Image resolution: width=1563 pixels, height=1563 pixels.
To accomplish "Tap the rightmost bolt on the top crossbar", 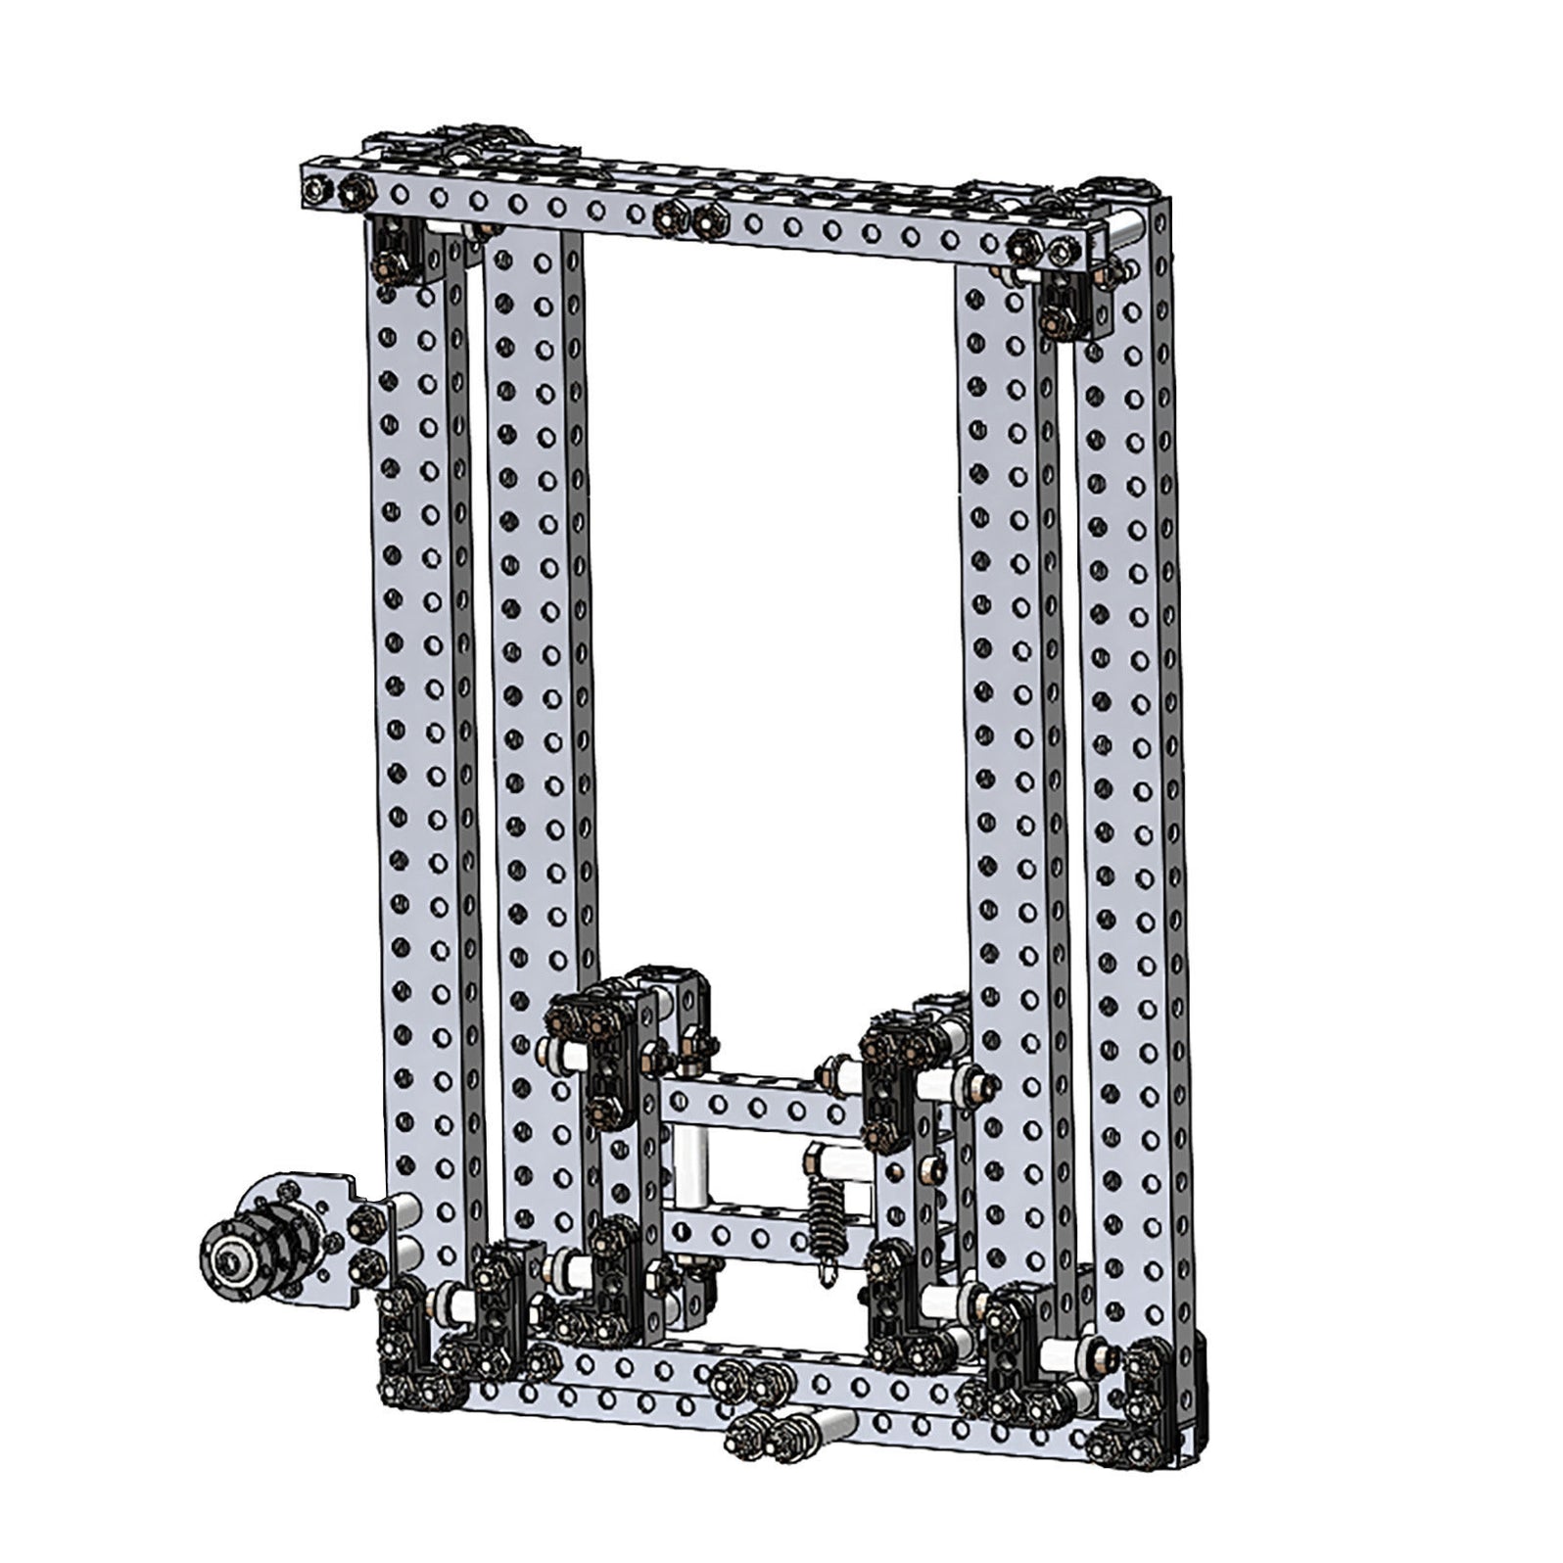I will [x=1065, y=253].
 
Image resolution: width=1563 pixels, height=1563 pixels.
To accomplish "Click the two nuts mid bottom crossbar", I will [x=744, y=1380].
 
